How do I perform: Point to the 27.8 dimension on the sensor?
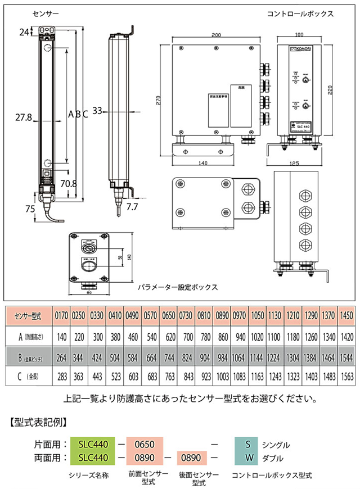[24, 118]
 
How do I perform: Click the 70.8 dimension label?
[68, 183]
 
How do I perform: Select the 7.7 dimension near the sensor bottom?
[132, 207]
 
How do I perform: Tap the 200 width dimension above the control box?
[217, 35]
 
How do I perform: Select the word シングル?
[277, 445]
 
